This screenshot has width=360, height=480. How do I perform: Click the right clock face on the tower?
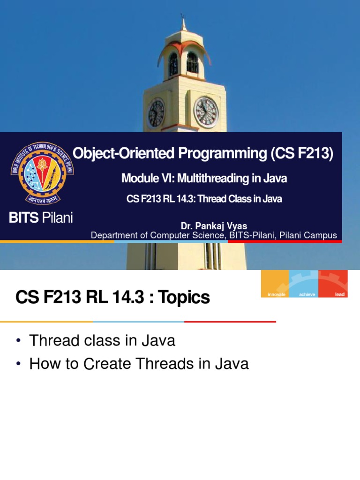point(206,112)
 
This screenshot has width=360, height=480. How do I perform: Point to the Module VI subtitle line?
point(204,179)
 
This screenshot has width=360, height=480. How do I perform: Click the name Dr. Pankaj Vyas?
point(214,227)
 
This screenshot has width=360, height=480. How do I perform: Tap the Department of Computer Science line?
point(214,235)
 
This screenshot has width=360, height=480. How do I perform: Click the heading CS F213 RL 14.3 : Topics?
point(113,297)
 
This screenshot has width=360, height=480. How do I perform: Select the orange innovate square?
point(275,284)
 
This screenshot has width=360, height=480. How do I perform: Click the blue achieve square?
point(304,284)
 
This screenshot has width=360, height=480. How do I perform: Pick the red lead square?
point(333,284)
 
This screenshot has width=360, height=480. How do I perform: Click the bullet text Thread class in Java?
point(102,341)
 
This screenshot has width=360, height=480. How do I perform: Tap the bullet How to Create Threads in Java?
point(139,364)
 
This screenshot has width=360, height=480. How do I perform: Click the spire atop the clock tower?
point(183,23)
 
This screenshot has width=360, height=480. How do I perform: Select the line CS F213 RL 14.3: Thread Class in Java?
point(204,199)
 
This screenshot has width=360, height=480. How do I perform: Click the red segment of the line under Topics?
point(230,322)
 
